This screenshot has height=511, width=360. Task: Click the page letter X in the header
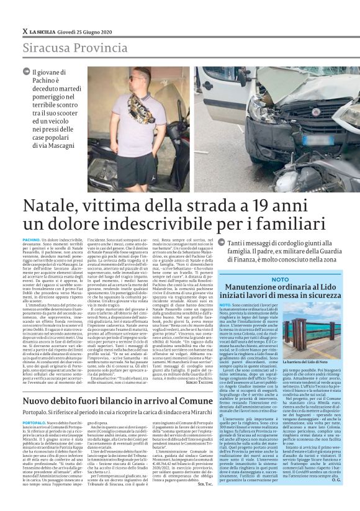pyautogui.click(x=24, y=31)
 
